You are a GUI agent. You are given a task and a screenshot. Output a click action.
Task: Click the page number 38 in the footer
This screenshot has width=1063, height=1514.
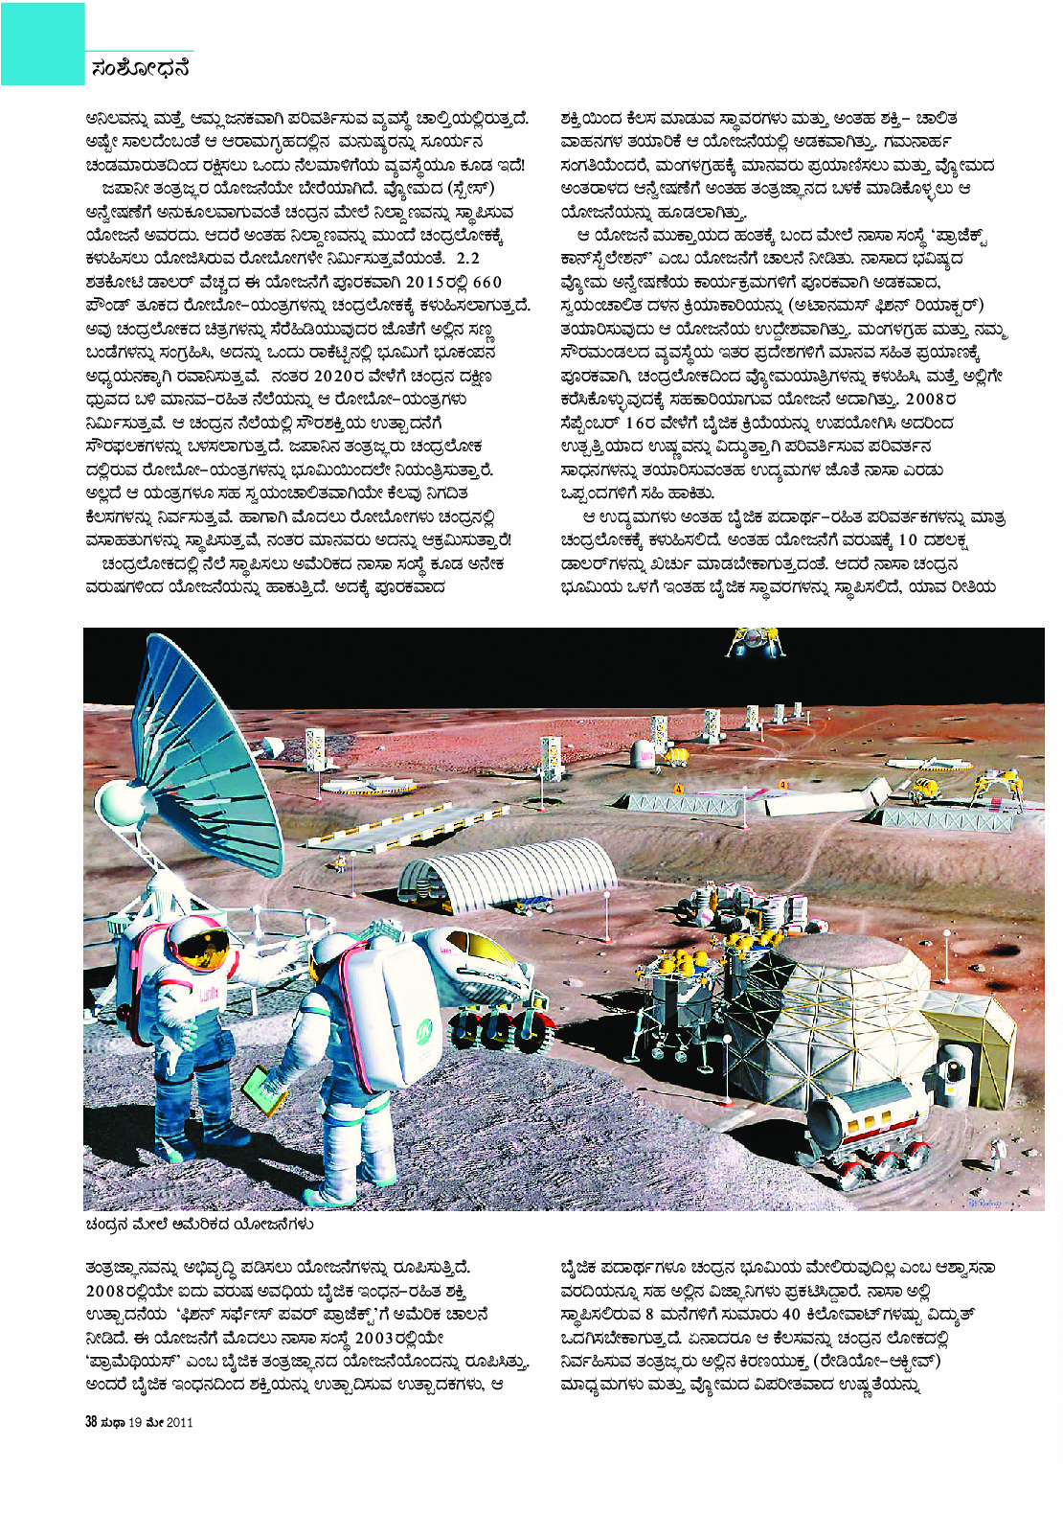[92, 1422]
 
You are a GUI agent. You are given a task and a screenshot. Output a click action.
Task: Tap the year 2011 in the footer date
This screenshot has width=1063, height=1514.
[179, 1422]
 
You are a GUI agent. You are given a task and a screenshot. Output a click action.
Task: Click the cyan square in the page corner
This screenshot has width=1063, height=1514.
[42, 43]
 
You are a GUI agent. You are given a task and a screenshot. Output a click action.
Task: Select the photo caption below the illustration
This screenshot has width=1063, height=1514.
[199, 1224]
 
